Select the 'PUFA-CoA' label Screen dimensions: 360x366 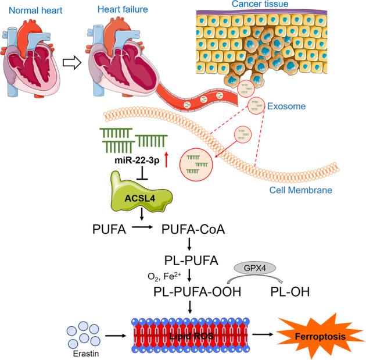[x=191, y=229]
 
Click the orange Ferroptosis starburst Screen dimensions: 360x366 [x=317, y=336]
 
